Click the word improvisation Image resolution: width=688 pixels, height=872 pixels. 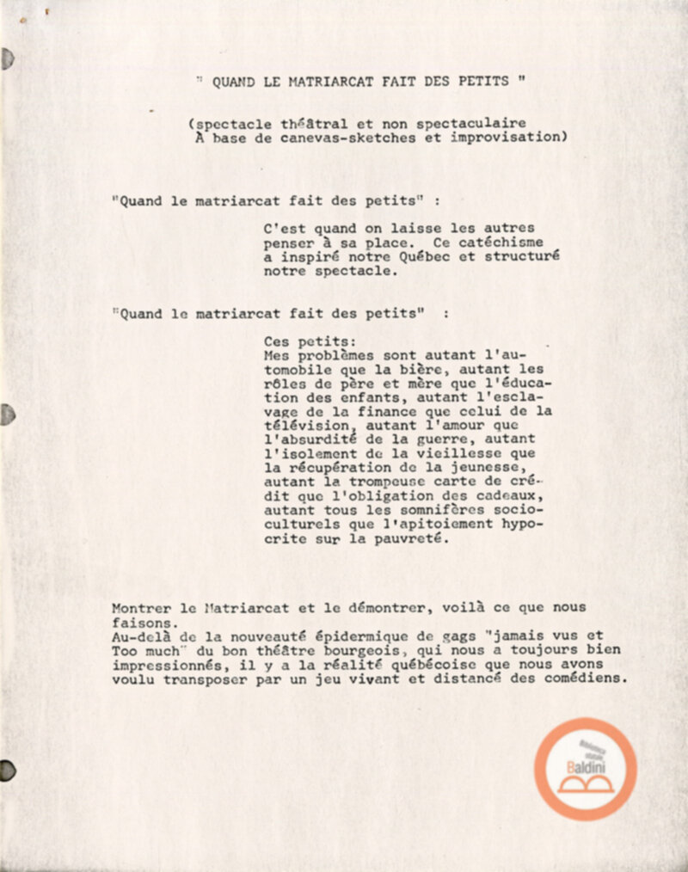[508, 138]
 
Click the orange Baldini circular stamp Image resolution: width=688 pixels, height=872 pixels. [585, 768]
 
